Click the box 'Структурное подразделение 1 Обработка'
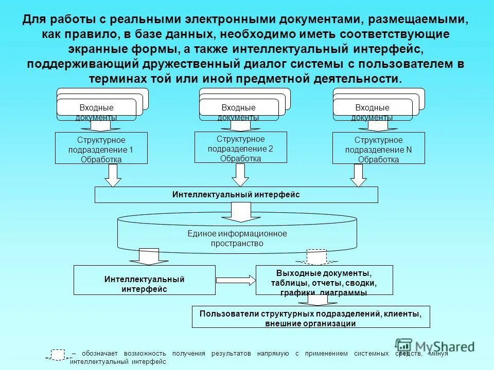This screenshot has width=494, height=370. [x=101, y=149]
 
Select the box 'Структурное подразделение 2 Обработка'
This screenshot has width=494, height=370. [x=240, y=147]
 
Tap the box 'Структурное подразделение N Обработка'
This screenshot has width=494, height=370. [x=379, y=149]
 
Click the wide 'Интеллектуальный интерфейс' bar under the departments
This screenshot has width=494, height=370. [x=236, y=195]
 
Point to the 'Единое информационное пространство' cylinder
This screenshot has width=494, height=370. [x=237, y=237]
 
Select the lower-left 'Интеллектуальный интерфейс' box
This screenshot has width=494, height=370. [x=145, y=280]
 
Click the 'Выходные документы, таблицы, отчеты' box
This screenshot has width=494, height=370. [x=324, y=280]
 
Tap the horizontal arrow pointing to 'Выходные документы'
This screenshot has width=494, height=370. [x=236, y=280]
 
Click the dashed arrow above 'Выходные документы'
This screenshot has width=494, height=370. [x=316, y=256]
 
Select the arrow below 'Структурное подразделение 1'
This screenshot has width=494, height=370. [x=113, y=175]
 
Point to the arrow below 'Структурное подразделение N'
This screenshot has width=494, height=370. [x=358, y=175]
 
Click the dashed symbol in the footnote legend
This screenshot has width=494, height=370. [x=58, y=355]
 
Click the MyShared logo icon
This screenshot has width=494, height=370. [x=404, y=345]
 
